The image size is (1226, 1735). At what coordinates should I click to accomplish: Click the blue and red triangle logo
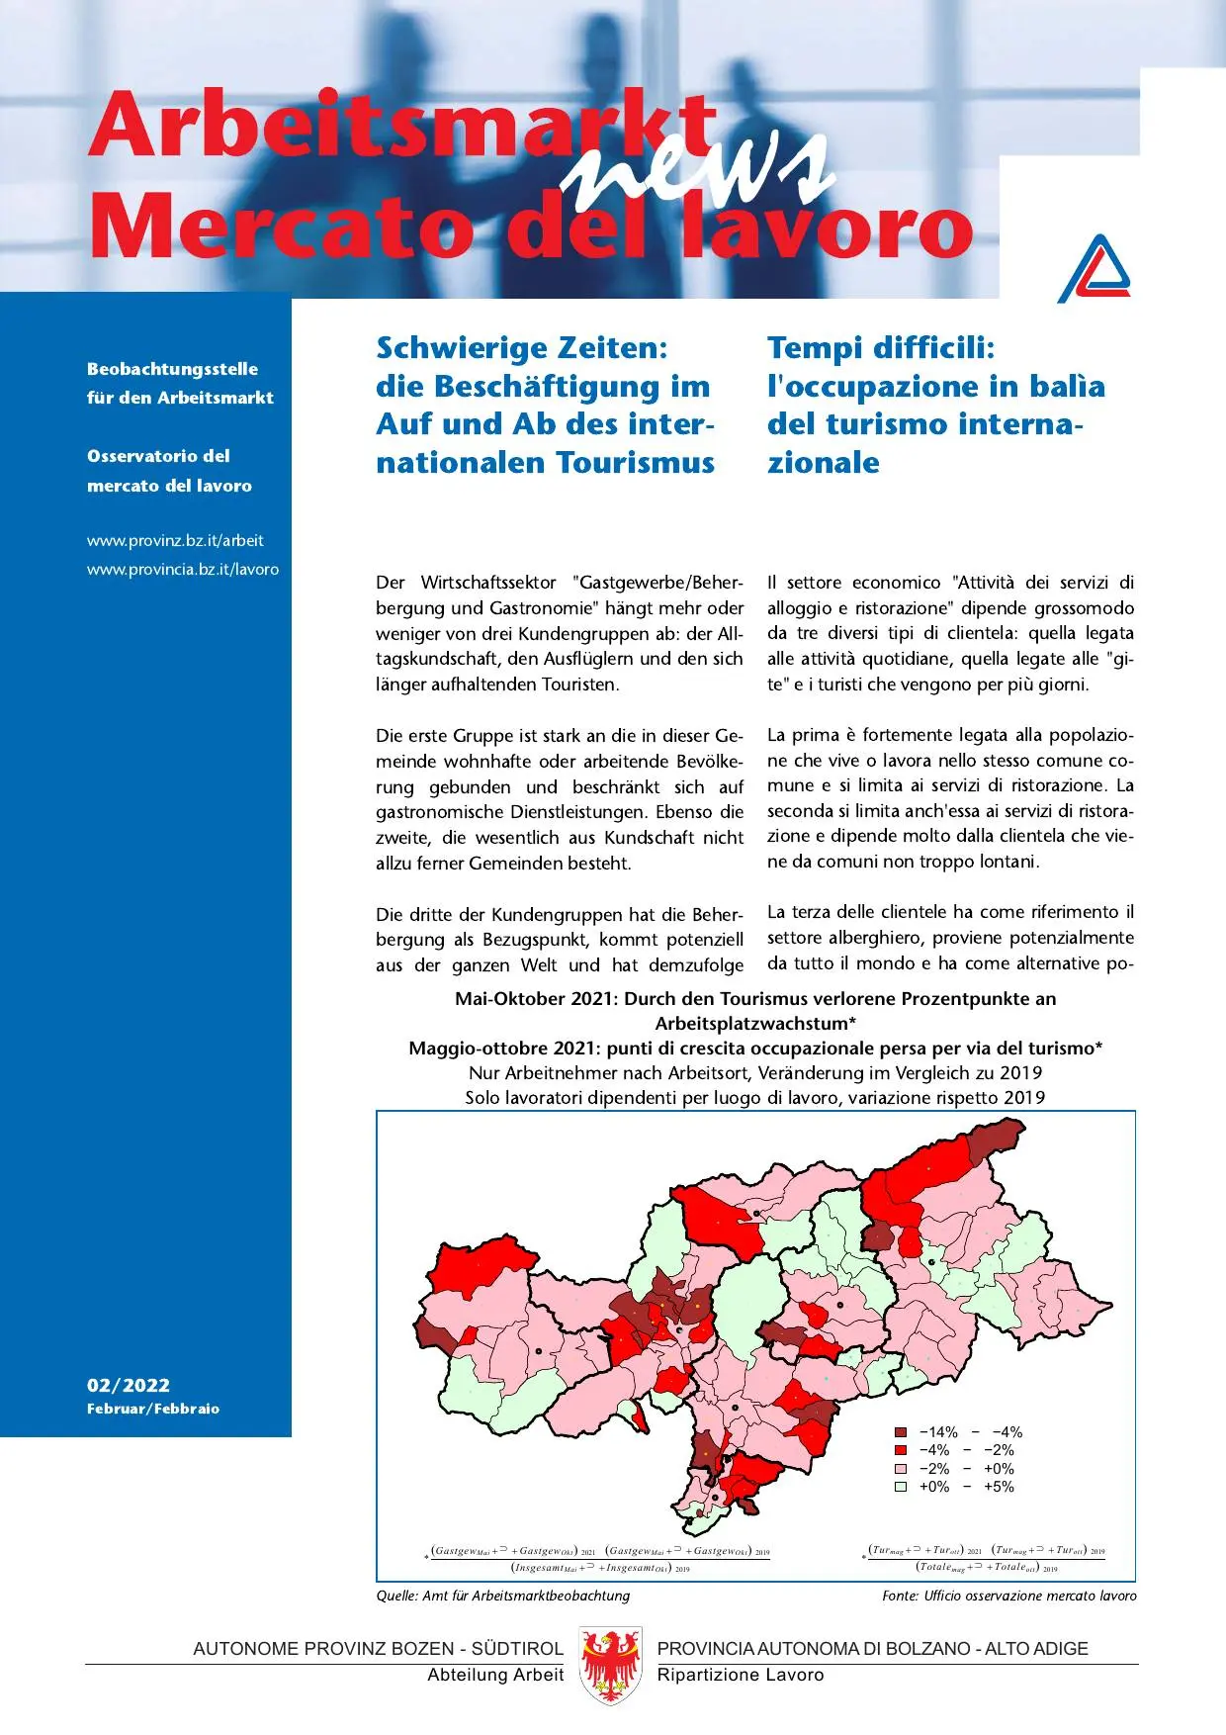click(x=1095, y=269)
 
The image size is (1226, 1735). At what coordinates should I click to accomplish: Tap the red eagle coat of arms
click(x=611, y=1666)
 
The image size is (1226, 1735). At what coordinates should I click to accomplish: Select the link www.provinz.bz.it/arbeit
click(x=175, y=541)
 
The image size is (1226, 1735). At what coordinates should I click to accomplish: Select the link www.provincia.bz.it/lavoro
click(x=183, y=570)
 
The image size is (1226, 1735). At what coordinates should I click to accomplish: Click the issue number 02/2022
click(x=129, y=1385)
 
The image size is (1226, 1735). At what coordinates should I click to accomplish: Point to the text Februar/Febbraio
click(x=153, y=1409)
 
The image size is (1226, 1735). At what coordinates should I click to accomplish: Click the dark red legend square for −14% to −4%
click(x=901, y=1432)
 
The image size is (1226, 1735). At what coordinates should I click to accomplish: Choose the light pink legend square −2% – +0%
click(x=901, y=1469)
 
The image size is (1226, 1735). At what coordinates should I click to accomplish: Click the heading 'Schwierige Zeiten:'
click(x=522, y=348)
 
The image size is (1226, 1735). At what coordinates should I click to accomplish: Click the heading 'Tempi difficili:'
click(x=880, y=348)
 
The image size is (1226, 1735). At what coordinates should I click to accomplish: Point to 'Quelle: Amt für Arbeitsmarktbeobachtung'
click(x=502, y=1596)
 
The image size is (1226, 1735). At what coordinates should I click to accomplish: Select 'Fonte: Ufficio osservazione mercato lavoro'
click(x=1008, y=1596)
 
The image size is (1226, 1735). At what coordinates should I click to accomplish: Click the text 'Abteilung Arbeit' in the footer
click(x=495, y=1675)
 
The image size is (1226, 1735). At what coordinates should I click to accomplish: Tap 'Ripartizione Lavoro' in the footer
click(x=741, y=1675)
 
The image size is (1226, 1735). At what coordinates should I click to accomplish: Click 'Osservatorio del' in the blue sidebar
click(x=158, y=456)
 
